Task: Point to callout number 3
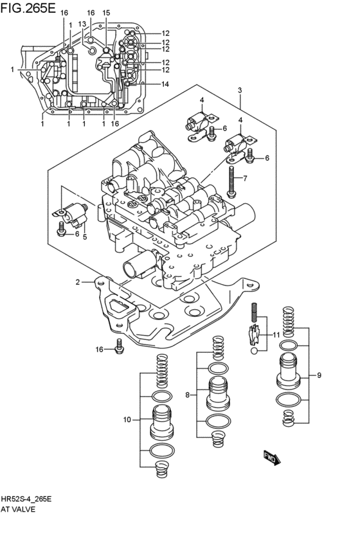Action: point(239,89)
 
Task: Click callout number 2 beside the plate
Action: point(77,282)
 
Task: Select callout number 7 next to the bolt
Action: point(244,179)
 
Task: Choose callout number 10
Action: point(127,420)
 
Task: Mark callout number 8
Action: point(187,395)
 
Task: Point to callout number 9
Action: point(318,375)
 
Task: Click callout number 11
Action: point(276,335)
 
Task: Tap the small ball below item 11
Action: point(255,351)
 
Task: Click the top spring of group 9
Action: point(289,319)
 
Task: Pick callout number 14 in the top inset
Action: point(165,84)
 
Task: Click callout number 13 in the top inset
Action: point(82,24)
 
